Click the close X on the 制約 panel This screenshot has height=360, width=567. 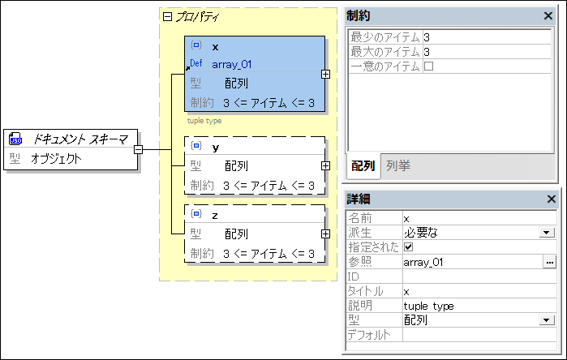pyautogui.click(x=548, y=15)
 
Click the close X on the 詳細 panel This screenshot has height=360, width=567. pyautogui.click(x=551, y=199)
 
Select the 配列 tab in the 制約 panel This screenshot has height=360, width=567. pyautogui.click(x=363, y=165)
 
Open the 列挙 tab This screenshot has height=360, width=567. pyautogui.click(x=397, y=165)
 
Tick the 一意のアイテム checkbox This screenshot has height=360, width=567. pyautogui.click(x=428, y=66)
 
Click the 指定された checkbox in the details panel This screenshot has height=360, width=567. pyautogui.click(x=408, y=247)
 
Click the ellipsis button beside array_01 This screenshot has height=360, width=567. pyautogui.click(x=549, y=262)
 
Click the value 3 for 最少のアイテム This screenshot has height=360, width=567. pyautogui.click(x=427, y=37)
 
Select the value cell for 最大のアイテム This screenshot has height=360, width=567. pyautogui.click(x=487, y=52)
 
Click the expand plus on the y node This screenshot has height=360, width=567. pyautogui.click(x=325, y=165)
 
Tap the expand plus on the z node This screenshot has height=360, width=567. pyautogui.click(x=325, y=234)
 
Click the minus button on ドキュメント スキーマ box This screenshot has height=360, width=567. pyautogui.click(x=139, y=149)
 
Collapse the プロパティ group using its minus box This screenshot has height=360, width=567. pyautogui.click(x=168, y=16)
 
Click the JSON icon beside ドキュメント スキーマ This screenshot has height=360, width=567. pyautogui.click(x=15, y=139)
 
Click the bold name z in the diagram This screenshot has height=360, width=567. pyautogui.click(x=215, y=215)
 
